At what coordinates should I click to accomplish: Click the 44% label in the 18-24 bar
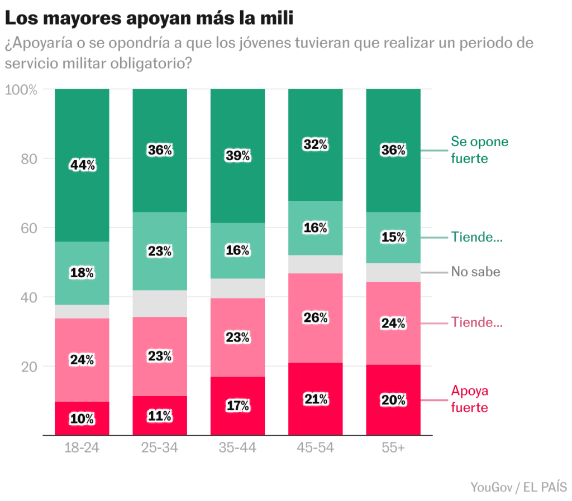(83, 165)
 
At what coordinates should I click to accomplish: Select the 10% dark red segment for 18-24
(83, 418)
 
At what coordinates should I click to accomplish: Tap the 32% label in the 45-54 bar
(316, 145)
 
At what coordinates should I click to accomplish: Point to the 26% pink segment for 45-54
(316, 318)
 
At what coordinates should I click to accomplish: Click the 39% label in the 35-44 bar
(238, 156)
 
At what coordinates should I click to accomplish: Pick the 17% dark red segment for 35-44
(238, 406)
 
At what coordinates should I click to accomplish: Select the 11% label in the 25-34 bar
(160, 416)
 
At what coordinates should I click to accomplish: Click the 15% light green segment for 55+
(393, 237)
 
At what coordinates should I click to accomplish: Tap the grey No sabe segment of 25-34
(160, 304)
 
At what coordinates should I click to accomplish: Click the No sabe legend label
(475, 272)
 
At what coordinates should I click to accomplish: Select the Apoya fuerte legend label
(469, 399)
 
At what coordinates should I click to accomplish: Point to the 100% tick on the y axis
(21, 90)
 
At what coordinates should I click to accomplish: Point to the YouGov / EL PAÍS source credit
(518, 486)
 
